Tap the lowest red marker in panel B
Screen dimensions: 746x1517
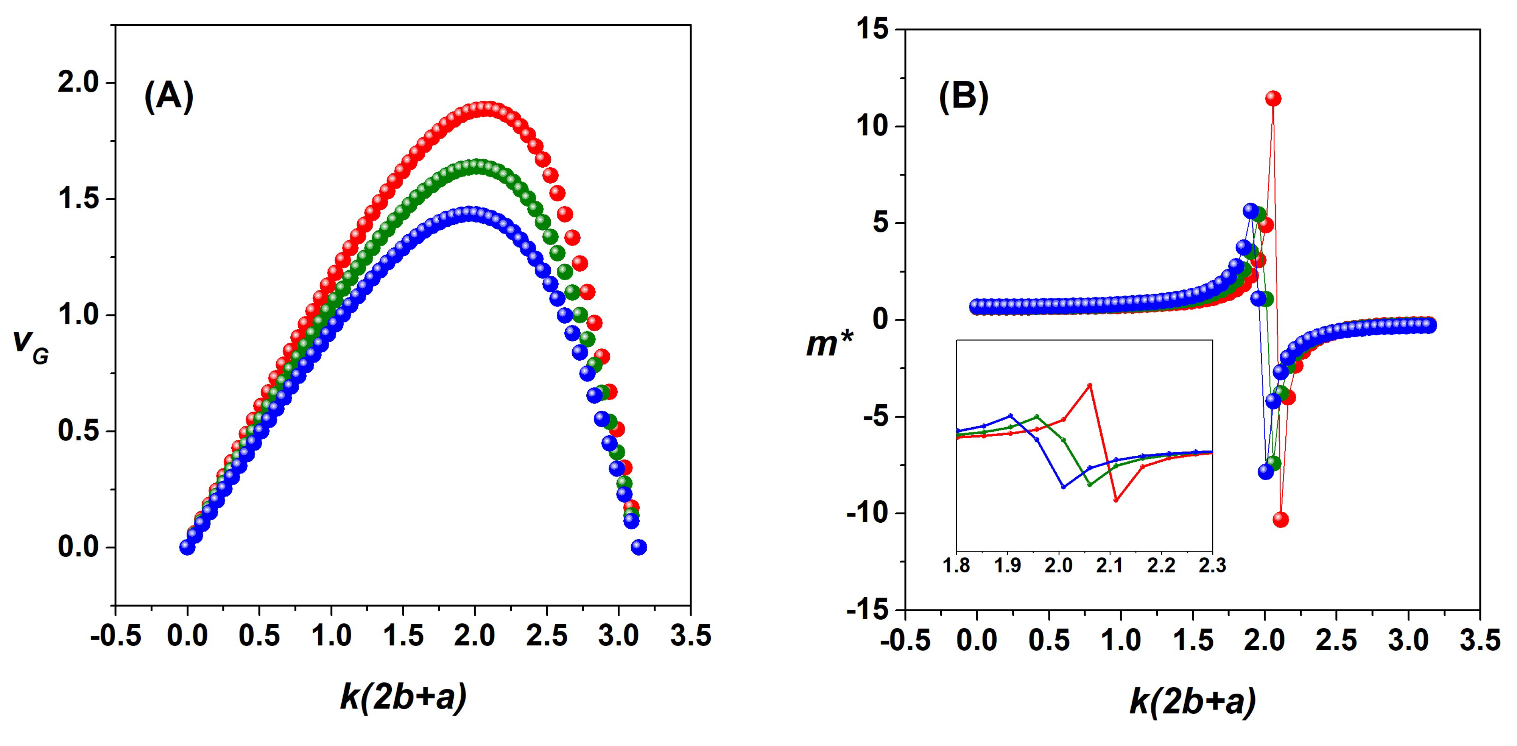coord(1280,519)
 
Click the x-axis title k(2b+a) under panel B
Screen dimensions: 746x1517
coord(1193,701)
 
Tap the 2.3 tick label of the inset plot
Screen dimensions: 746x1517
coord(1212,566)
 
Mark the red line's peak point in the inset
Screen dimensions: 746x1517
coord(1089,385)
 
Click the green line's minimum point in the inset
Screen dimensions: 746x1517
coord(1089,484)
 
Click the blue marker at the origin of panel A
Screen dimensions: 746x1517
coord(187,547)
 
